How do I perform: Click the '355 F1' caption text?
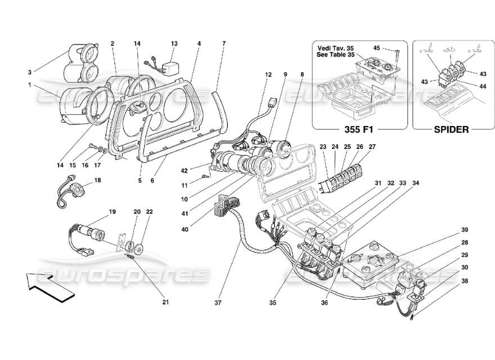pos(358,129)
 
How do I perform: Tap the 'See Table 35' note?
pos(337,56)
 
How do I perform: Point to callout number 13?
pos(174,43)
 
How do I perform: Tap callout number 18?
pos(98,181)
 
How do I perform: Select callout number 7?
pos(224,43)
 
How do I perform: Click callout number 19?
pos(112,212)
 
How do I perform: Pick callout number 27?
pos(372,147)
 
